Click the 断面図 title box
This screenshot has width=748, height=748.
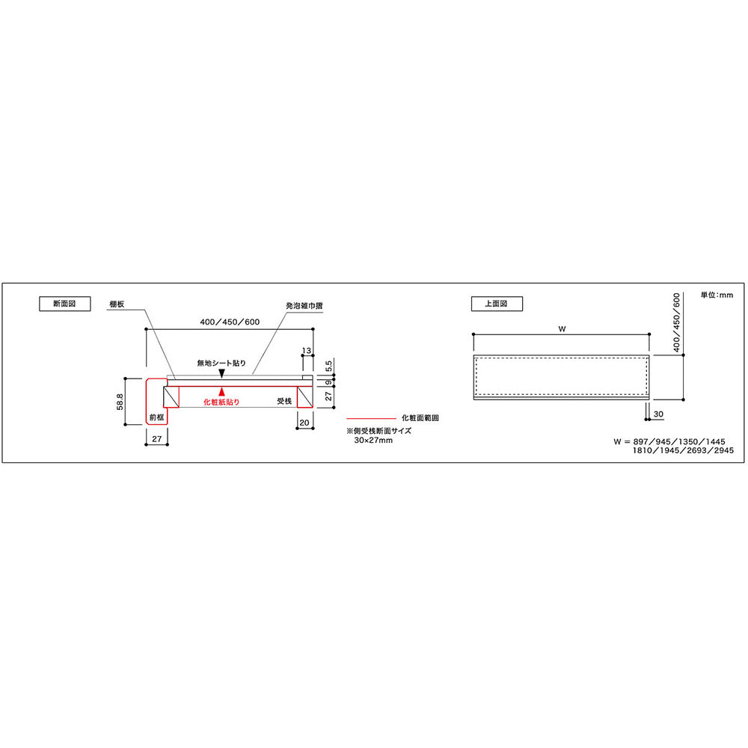(65, 304)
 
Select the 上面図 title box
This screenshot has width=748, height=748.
(497, 304)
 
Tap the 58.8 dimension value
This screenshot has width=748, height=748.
(120, 402)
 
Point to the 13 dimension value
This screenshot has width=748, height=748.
(307, 351)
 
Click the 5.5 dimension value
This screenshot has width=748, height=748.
(328, 366)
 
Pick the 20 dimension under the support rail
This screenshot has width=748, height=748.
(304, 422)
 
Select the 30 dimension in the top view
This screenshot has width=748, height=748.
(658, 414)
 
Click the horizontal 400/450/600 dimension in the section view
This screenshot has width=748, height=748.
(230, 322)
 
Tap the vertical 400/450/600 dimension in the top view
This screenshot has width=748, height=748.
(676, 322)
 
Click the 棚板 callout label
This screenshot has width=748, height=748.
(117, 304)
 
